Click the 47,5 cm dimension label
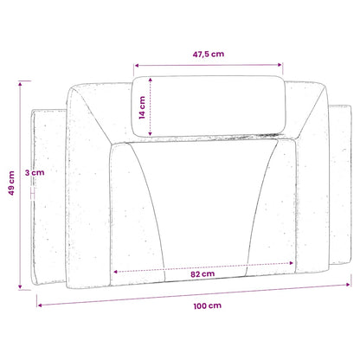[209, 54]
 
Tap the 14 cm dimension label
[142, 107]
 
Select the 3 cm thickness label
[35, 173]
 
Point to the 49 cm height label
[11, 183]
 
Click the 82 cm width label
[202, 274]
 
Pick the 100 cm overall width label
[208, 305]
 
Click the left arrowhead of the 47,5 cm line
[137, 66]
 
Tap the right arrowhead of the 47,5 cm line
[280, 65]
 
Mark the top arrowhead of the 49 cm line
[20, 84]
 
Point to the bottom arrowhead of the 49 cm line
[20, 286]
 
